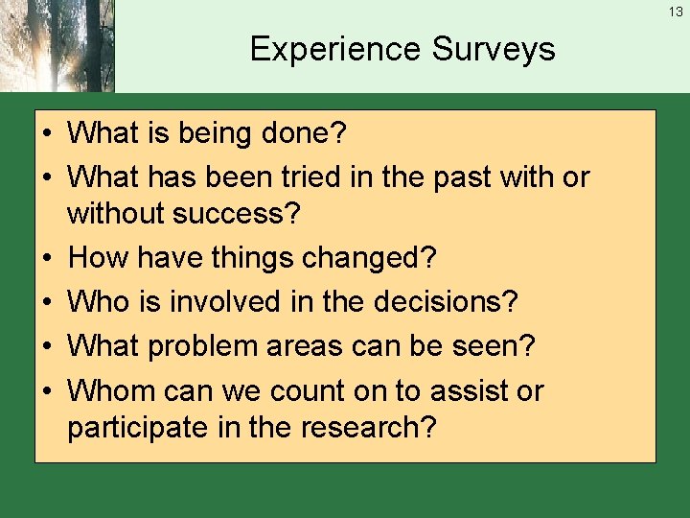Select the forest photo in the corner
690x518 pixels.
pos(57,46)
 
